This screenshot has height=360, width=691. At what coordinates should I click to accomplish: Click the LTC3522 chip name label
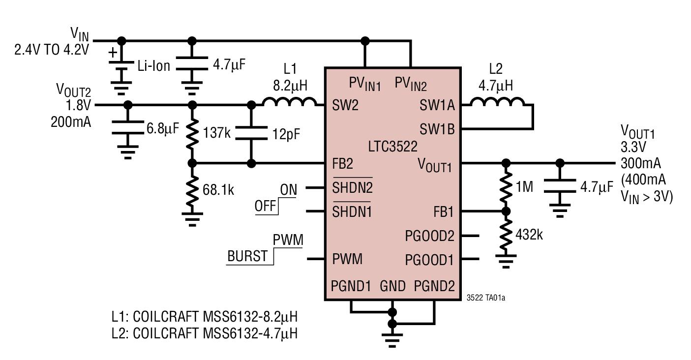click(x=392, y=147)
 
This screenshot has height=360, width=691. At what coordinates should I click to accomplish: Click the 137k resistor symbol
click(x=192, y=134)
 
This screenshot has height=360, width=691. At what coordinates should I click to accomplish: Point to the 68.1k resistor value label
click(x=218, y=189)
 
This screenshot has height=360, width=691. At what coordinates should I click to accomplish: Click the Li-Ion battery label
click(x=153, y=65)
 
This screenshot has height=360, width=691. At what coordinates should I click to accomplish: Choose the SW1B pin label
click(x=437, y=129)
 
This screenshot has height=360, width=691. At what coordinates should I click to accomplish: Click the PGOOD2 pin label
click(x=429, y=236)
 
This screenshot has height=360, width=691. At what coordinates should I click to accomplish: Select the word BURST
click(x=247, y=257)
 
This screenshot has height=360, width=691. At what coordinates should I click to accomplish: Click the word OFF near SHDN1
click(x=265, y=206)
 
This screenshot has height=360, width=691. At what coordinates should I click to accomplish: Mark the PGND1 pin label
click(x=350, y=285)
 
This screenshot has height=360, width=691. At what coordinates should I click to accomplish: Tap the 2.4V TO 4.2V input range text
click(x=52, y=50)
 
